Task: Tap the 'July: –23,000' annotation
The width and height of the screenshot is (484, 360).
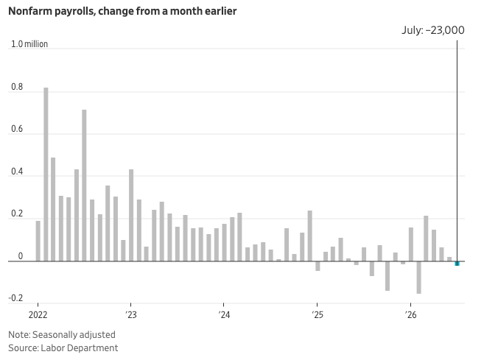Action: click(x=432, y=30)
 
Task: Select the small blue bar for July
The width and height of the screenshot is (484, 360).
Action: click(x=457, y=264)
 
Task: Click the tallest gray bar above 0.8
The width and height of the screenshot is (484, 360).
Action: click(x=46, y=174)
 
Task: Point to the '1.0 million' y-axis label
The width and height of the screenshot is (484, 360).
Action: click(x=29, y=44)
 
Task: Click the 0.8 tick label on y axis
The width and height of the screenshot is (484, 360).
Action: click(x=17, y=87)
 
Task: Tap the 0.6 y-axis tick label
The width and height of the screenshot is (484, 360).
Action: click(x=17, y=129)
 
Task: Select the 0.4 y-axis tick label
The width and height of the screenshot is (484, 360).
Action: click(x=17, y=172)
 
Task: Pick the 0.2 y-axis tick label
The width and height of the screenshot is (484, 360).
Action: click(x=17, y=213)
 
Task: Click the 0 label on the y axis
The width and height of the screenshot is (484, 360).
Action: click(x=21, y=256)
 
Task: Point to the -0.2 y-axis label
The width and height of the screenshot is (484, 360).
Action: click(x=15, y=298)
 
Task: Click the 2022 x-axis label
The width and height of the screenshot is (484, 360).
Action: click(x=38, y=314)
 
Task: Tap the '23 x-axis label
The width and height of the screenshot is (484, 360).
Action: click(x=131, y=314)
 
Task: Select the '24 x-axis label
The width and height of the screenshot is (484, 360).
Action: click(x=224, y=314)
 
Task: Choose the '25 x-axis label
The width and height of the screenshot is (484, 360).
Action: click(x=317, y=314)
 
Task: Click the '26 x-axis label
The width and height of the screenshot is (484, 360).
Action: click(x=410, y=314)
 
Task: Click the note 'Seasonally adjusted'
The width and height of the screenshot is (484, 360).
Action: click(x=74, y=335)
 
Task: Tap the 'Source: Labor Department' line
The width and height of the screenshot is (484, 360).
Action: click(x=63, y=348)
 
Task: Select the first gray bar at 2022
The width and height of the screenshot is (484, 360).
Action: click(x=38, y=241)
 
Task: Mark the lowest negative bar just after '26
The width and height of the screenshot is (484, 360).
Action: click(x=418, y=278)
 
